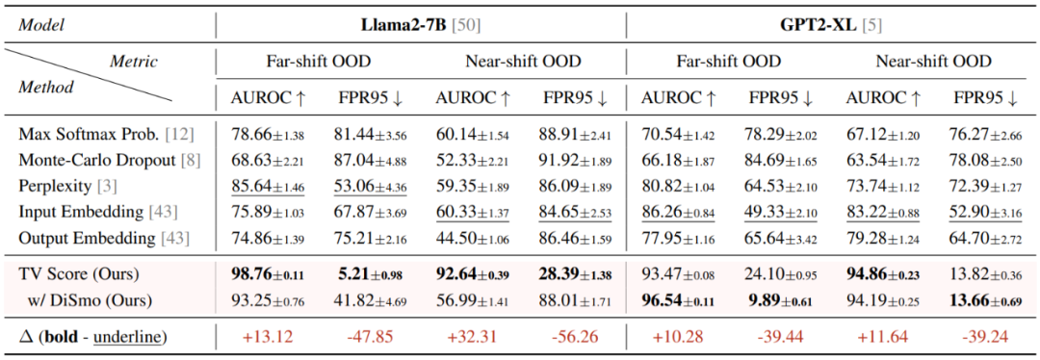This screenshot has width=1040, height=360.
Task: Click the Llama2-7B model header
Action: pyautogui.click(x=420, y=27)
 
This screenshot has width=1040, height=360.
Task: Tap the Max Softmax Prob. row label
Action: pyautogui.click(x=107, y=135)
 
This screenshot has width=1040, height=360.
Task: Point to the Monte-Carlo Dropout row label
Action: pyautogui.click(x=110, y=161)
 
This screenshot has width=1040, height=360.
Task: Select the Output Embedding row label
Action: pyautogui.click(x=106, y=238)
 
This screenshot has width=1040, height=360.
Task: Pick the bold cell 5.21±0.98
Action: pyautogui.click(x=371, y=274)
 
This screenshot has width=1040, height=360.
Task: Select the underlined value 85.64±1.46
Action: pyautogui.click(x=268, y=187)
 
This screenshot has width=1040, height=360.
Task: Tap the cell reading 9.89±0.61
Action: pyautogui.click(x=782, y=299)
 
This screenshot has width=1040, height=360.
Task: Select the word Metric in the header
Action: pyautogui.click(x=135, y=62)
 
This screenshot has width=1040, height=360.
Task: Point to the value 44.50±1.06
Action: pyautogui.click(x=472, y=238)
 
